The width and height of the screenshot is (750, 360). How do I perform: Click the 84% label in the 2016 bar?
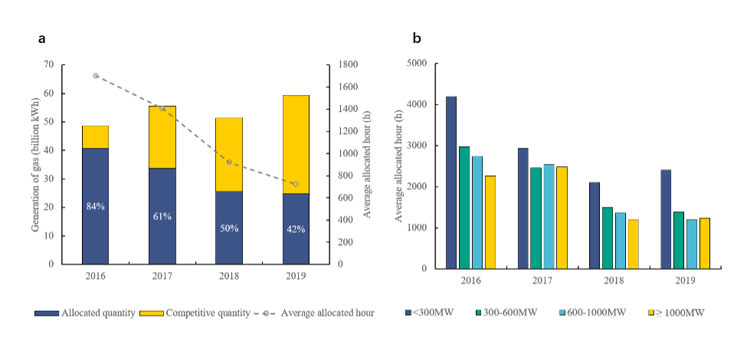point(95,205)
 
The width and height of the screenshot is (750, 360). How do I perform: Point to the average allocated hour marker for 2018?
point(229,162)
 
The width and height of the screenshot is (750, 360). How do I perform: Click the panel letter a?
point(41,38)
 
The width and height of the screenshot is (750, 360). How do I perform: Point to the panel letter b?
point(417,38)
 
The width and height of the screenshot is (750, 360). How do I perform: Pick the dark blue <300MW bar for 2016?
point(452,182)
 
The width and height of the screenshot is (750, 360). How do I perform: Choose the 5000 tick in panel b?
point(416,64)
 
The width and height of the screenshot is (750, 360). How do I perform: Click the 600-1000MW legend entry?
point(595,313)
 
